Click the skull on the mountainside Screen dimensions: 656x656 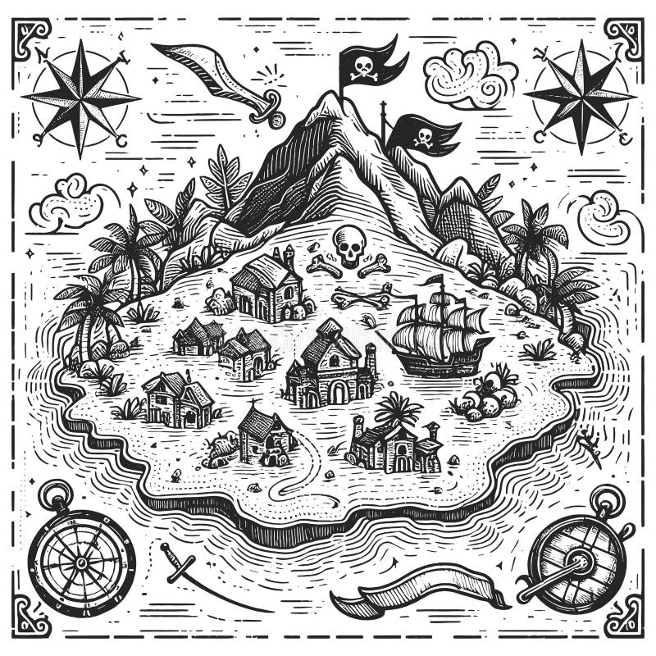[x=349, y=244]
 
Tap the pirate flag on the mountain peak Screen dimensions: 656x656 [x=373, y=60]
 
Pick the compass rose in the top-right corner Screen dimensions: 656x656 [x=580, y=96]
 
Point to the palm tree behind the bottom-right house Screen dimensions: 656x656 [x=399, y=408]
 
